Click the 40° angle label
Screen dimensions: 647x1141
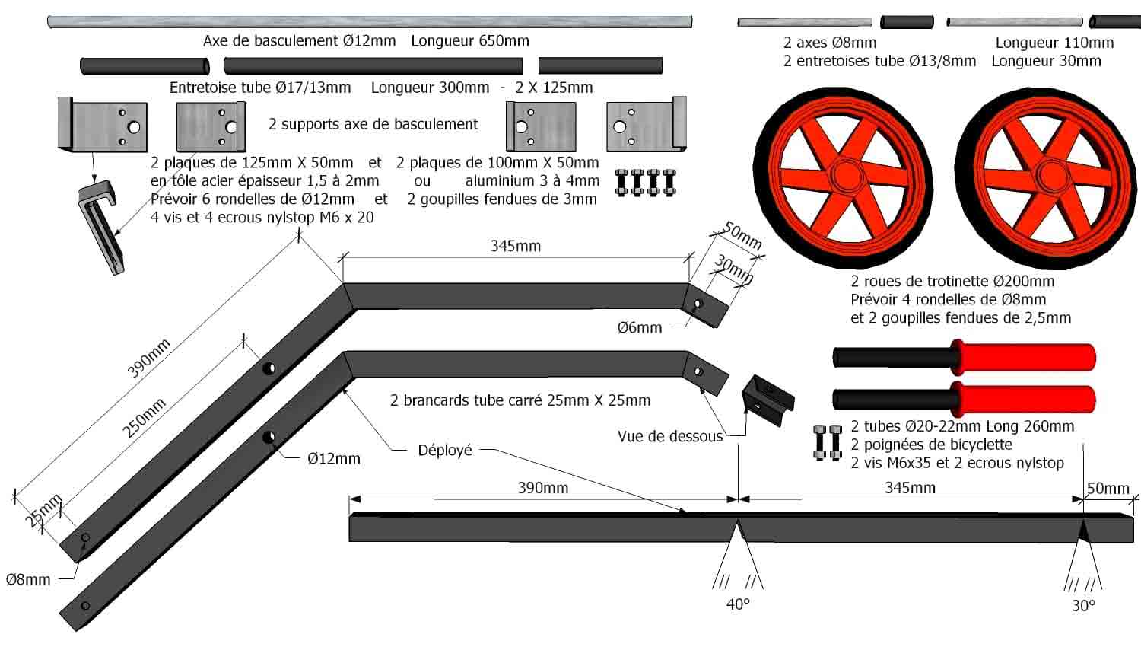[x=738, y=604]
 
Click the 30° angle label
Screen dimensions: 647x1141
[x=1083, y=606]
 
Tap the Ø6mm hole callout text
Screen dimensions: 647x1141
[x=640, y=328]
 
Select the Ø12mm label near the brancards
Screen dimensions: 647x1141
[x=334, y=458]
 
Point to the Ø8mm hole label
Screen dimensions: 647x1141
[x=28, y=580]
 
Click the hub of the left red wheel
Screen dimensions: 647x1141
[x=843, y=177]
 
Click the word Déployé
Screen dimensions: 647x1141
[x=445, y=451]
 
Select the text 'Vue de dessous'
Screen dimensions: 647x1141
[x=670, y=437]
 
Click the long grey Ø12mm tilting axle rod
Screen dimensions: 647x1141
[x=370, y=22]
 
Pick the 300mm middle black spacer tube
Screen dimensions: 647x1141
[x=373, y=66]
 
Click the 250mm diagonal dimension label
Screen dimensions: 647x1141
[x=145, y=418]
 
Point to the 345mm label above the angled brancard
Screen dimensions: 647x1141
[x=515, y=246]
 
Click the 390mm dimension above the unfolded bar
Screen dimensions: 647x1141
[x=543, y=488]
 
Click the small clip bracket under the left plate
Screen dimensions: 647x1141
[x=101, y=225]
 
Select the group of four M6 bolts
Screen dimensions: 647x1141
[x=645, y=183]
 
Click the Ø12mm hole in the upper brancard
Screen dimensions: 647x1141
[x=269, y=368]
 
